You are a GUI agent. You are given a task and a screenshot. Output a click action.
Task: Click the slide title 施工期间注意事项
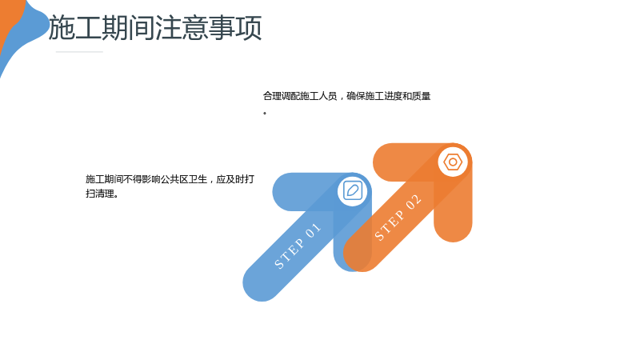tap(155, 28)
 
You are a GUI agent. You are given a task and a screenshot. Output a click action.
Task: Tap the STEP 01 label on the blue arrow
tap(298, 246)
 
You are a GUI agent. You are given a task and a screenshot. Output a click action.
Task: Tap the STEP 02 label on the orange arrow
tap(398, 218)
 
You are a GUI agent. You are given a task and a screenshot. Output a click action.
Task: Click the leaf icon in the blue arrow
tap(352, 190)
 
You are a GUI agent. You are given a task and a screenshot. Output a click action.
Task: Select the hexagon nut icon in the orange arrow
tap(453, 162)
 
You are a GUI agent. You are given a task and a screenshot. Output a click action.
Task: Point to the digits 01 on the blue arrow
tap(313, 231)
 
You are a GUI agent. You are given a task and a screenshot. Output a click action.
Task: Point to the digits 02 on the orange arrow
tap(413, 202)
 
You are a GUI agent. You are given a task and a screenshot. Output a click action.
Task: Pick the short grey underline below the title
tap(79, 52)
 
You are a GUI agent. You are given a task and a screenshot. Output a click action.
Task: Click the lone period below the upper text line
tap(265, 113)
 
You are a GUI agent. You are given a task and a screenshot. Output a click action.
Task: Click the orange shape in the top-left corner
tap(8, 18)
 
